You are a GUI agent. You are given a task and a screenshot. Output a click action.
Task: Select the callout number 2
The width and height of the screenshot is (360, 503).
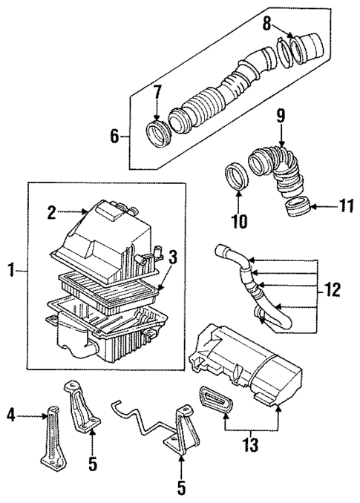click(x=52, y=213)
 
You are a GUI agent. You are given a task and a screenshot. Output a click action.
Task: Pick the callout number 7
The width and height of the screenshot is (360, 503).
click(x=157, y=94)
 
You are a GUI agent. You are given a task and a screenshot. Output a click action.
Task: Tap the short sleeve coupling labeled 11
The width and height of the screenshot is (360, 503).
click(x=296, y=205)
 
